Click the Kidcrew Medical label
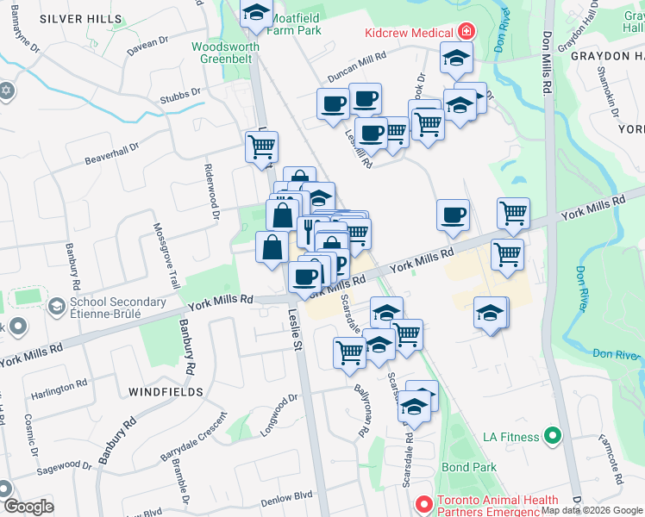410,32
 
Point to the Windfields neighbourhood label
166,392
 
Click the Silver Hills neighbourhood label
81,18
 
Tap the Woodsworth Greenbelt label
226,53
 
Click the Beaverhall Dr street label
111,155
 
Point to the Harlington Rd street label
59,387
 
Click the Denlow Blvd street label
287,496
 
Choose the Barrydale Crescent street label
194,439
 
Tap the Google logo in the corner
28,507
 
